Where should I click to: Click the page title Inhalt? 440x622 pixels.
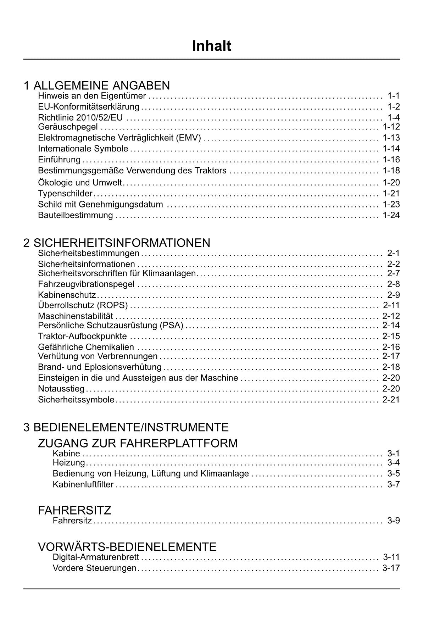click(211, 46)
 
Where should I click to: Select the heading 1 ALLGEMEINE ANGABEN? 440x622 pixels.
click(96, 85)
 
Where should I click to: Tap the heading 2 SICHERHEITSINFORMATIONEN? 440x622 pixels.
click(117, 243)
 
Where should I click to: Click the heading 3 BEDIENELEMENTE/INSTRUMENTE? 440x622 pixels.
click(126, 427)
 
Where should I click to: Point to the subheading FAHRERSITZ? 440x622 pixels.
click(74, 510)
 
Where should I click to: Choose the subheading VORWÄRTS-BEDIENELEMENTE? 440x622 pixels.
click(127, 547)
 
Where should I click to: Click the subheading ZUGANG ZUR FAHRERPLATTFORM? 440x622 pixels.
click(138, 443)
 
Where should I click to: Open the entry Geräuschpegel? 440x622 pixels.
click(68, 127)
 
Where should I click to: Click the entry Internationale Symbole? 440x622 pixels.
click(83, 149)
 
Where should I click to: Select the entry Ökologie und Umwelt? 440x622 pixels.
click(80, 183)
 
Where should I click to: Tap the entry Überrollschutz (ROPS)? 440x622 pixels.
click(83, 305)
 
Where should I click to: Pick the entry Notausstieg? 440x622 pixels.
click(61, 389)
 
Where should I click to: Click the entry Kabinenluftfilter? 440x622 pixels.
click(83, 484)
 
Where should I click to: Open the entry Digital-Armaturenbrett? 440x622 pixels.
click(96, 557)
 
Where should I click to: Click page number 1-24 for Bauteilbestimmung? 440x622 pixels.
click(391, 215)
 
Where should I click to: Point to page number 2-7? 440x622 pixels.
click(393, 273)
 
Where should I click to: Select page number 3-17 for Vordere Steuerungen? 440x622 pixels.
click(391, 568)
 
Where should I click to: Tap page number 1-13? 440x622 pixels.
click(391, 138)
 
